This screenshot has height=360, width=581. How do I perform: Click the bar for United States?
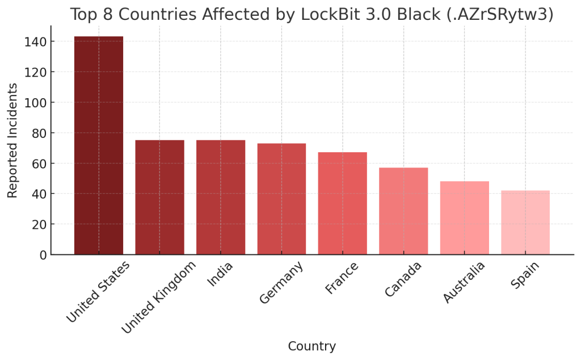tap(99, 145)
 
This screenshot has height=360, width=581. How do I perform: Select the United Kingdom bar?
tap(159, 197)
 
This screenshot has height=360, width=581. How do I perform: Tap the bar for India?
tap(221, 197)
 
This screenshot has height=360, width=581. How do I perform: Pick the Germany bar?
tap(281, 199)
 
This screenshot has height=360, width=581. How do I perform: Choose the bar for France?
tap(343, 203)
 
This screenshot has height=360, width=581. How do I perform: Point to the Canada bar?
tap(403, 211)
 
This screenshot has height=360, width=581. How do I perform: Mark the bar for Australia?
tap(465, 217)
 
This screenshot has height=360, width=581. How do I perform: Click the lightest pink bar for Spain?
tap(525, 222)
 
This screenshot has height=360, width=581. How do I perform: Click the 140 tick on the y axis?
tap(36, 41)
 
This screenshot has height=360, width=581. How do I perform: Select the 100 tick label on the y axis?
tap(36, 103)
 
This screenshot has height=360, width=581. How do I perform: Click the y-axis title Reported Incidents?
tap(13, 140)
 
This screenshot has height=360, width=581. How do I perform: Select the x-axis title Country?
tap(311, 346)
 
